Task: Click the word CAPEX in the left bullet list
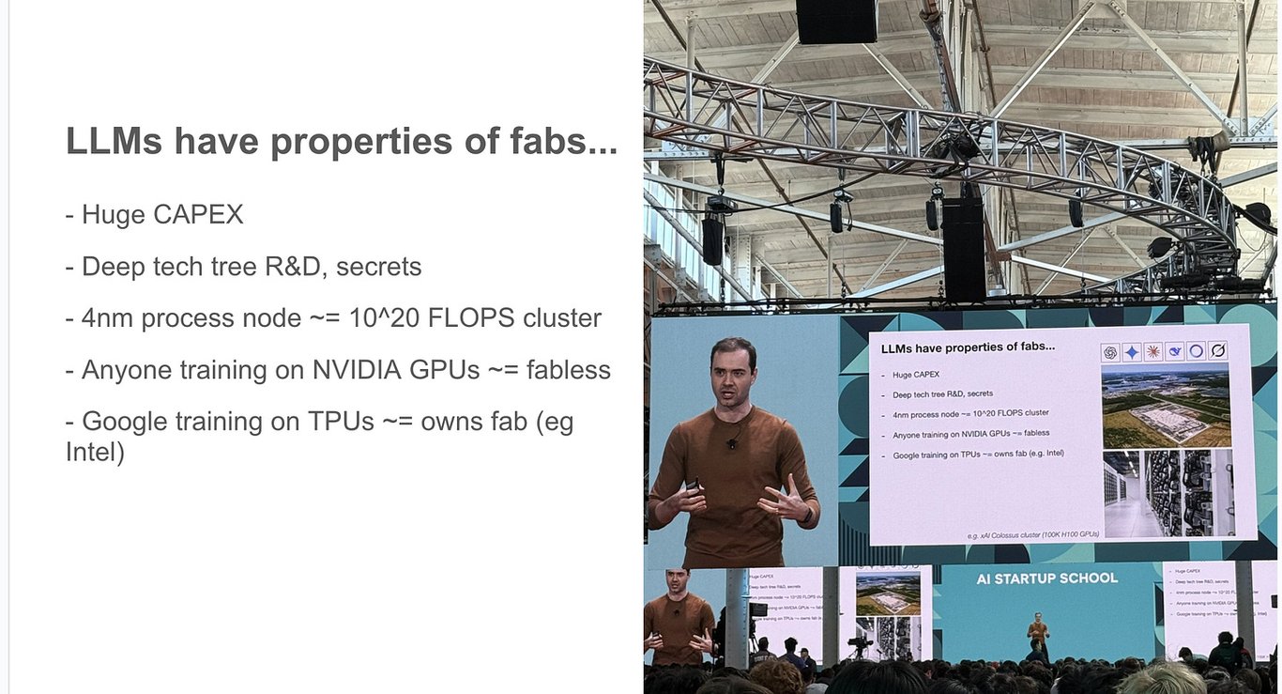(x=197, y=215)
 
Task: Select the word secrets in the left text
(x=378, y=267)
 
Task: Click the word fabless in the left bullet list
(x=569, y=370)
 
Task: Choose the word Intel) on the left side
(x=95, y=453)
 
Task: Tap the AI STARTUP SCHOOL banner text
(x=1046, y=578)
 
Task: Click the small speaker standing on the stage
(x=1036, y=635)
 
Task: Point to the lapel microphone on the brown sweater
(x=732, y=442)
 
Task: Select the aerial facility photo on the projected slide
(x=1165, y=405)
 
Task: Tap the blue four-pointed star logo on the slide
(x=1133, y=352)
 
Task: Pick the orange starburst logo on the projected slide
(x=1154, y=352)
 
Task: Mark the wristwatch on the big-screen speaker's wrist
(x=804, y=514)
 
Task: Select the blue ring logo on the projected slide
(x=1197, y=352)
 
